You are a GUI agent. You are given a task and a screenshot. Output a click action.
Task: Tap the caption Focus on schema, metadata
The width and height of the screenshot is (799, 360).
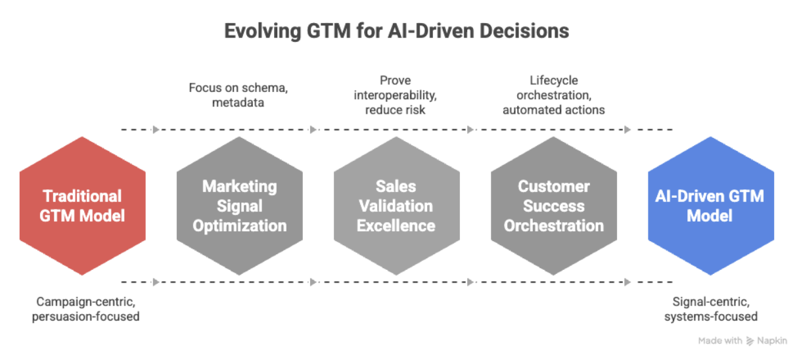[x=229, y=95]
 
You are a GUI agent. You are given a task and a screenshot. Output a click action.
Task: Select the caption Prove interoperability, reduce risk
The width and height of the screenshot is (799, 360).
[x=396, y=95]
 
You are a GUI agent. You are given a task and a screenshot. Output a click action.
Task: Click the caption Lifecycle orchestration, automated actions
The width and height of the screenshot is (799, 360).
[x=553, y=95]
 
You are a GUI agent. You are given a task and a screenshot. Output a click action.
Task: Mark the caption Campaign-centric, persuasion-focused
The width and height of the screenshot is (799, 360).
[x=88, y=309]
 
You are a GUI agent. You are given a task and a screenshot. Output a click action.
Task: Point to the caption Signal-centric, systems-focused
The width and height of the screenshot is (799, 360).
[x=710, y=309]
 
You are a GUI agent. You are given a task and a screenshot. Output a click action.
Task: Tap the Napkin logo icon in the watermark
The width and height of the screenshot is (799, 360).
[x=750, y=341]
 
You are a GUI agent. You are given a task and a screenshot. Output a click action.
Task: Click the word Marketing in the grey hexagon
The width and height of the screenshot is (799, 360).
[x=239, y=186]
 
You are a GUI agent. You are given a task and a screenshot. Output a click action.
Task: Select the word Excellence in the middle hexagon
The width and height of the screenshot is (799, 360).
[x=396, y=225]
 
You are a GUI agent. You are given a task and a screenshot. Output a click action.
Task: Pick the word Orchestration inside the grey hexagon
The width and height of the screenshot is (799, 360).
[x=553, y=225]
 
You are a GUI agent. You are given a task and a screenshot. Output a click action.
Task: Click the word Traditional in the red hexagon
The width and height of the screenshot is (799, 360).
[x=82, y=196]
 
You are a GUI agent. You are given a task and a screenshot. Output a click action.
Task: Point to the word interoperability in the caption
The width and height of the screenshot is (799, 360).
[x=396, y=95]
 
